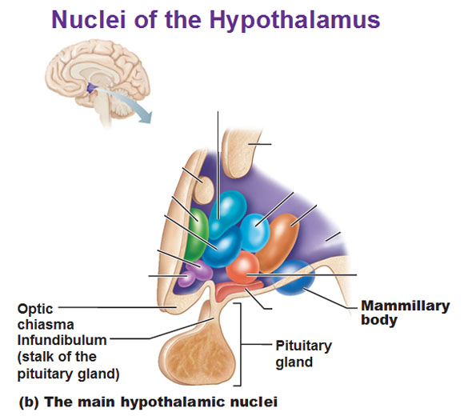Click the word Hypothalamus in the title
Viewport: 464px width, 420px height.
tap(294, 20)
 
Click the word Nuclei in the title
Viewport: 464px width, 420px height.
tap(89, 19)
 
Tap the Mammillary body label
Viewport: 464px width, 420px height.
tap(405, 313)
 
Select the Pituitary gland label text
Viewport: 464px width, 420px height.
tap(304, 354)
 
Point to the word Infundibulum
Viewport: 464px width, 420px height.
tap(62, 340)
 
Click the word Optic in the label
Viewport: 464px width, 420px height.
tap(35, 310)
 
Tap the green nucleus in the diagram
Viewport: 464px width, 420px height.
tap(197, 234)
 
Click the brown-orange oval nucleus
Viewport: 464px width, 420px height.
tap(278, 242)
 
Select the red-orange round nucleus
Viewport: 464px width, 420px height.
tap(243, 267)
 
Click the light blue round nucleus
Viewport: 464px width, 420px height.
tap(254, 233)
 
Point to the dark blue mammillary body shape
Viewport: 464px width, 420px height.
tap(293, 278)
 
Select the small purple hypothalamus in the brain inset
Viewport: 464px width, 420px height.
tap(91, 88)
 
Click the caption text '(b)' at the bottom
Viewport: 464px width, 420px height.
tap(29, 402)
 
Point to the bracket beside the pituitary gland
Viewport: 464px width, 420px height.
tap(240, 344)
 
